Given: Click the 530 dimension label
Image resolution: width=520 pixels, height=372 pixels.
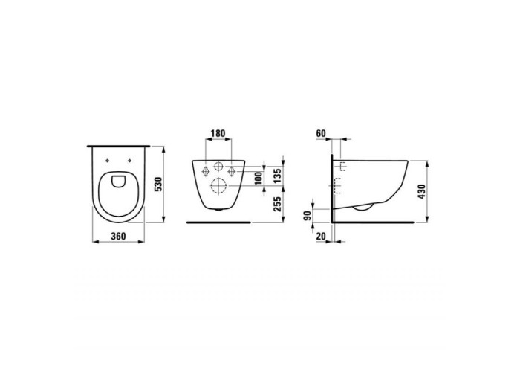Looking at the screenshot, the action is [158, 184].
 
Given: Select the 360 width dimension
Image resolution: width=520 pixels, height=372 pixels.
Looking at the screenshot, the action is [118, 236].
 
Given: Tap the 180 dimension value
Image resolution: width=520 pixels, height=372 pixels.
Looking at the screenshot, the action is [218, 133].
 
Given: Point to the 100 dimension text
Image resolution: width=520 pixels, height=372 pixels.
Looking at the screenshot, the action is [259, 178].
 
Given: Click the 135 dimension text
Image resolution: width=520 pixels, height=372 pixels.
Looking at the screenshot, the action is [278, 176].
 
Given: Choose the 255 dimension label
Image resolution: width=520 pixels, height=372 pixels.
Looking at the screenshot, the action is [278, 204].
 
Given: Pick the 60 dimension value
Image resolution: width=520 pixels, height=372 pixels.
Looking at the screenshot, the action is [321, 133].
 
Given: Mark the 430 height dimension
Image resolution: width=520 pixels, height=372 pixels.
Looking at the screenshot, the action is [421, 192].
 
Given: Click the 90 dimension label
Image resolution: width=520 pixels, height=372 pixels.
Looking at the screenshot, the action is [308, 216].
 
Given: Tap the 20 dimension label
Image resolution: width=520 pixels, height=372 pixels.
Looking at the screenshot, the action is [321, 236].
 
